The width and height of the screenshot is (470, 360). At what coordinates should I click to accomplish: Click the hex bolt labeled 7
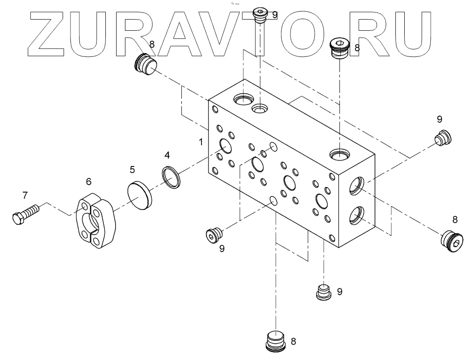coord(26,215)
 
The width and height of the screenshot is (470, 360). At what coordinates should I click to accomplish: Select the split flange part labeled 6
coord(96,218)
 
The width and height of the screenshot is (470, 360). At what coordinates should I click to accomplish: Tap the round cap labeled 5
coord(138,194)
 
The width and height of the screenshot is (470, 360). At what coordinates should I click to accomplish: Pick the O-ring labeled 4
coord(172,178)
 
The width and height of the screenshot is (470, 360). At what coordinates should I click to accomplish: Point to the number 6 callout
coord(89,181)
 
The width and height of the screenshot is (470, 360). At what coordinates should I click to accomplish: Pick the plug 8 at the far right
coord(453,241)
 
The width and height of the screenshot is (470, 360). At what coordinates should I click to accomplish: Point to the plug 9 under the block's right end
coord(323,292)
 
